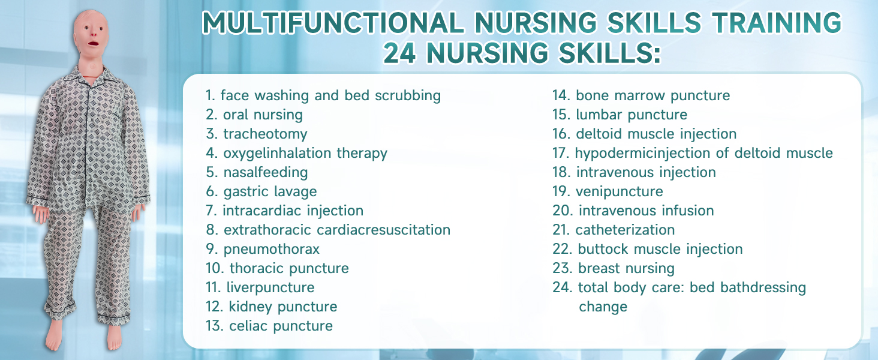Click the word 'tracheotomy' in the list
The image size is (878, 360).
pos(265,133)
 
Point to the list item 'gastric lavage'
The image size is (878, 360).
pos(270,191)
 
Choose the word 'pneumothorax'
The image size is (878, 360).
pos(272,248)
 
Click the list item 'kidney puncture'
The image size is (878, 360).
pos(282,307)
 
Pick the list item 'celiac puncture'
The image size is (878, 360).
pos(281,326)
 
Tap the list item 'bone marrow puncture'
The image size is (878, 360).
pos(653,95)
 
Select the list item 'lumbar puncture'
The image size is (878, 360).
pos(632,114)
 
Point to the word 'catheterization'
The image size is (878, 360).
pos(625,230)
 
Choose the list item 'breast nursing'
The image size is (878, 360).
pos(626,268)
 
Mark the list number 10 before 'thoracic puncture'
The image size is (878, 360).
pos(214,268)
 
